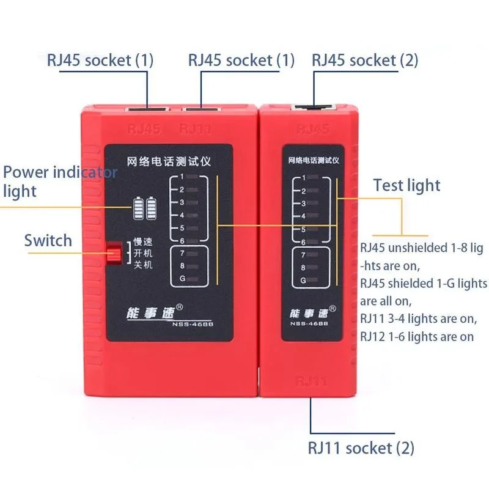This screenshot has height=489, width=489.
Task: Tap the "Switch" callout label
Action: click(48, 240)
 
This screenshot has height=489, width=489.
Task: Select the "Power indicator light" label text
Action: click(59, 182)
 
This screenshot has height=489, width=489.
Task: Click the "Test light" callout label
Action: click(406, 185)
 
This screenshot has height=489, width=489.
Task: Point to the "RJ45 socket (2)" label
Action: click(365, 61)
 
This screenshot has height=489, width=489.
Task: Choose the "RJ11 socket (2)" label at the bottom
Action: click(362, 448)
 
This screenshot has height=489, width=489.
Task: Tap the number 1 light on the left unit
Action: click(191, 177)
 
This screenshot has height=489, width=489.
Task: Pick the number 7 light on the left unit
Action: click(191, 253)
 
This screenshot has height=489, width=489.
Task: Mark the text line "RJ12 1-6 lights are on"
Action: click(417, 336)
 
